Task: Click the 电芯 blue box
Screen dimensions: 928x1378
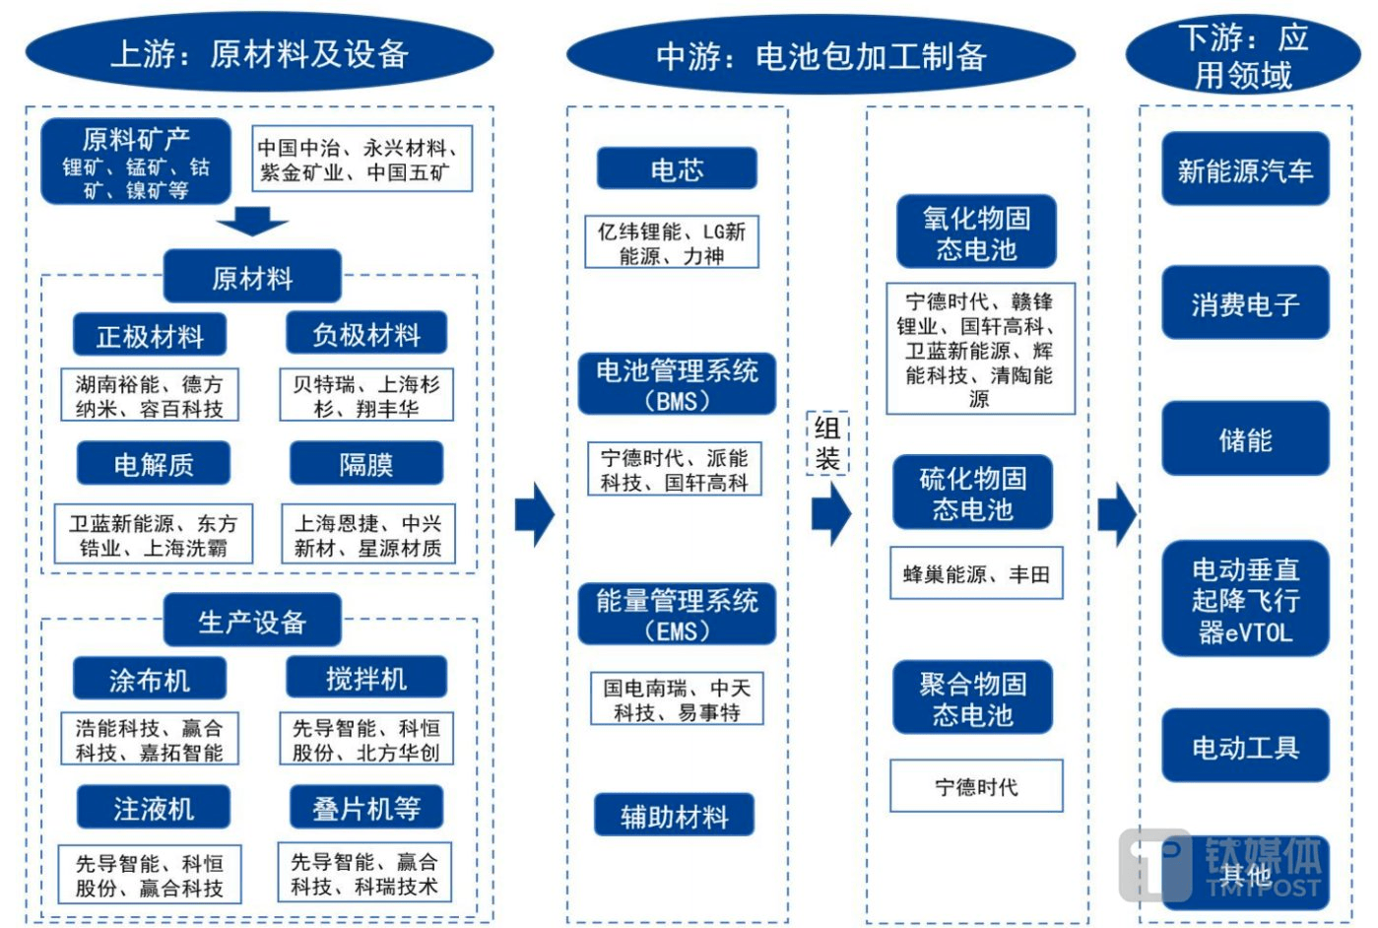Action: click(676, 169)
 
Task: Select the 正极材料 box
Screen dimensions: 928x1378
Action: click(150, 336)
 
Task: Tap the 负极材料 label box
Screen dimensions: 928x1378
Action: click(366, 334)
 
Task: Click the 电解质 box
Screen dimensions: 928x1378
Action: click(154, 464)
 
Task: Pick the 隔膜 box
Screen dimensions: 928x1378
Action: click(366, 464)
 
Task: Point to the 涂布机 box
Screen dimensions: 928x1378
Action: click(150, 680)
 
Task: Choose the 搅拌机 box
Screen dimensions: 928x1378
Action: click(366, 679)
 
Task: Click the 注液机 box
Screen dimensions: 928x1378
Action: click(154, 809)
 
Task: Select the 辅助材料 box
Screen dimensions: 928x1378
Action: click(674, 816)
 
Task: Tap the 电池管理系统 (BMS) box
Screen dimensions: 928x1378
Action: click(677, 385)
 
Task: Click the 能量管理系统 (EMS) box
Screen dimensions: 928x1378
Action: click(677, 615)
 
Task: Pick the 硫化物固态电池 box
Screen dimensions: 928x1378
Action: click(972, 494)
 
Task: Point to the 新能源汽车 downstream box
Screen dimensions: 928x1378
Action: click(1245, 170)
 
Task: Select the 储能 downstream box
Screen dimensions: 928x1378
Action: click(1245, 439)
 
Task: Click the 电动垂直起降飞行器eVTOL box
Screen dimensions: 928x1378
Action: click(1245, 600)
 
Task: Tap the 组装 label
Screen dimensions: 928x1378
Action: click(827, 443)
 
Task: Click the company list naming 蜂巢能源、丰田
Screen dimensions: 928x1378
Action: click(976, 574)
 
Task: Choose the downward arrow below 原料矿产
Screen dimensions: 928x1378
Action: click(252, 222)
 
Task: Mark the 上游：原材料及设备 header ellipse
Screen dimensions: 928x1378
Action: click(259, 54)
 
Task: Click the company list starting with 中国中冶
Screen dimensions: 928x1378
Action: click(361, 160)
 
